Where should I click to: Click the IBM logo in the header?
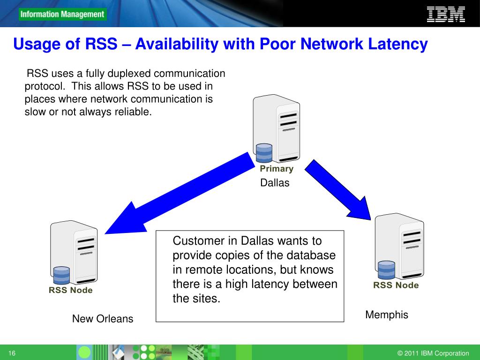click(x=446, y=15)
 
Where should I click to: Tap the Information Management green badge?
click(x=62, y=15)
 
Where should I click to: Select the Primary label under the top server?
click(x=277, y=169)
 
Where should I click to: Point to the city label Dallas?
click(x=275, y=183)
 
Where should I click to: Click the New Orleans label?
click(x=103, y=319)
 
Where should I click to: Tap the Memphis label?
click(x=387, y=315)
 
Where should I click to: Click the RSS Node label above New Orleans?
click(x=70, y=290)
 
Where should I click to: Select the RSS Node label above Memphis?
click(x=396, y=285)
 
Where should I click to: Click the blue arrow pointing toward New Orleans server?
click(x=180, y=194)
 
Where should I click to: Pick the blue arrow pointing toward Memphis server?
click(x=338, y=190)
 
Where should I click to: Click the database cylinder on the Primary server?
click(x=264, y=153)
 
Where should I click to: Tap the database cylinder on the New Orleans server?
click(x=61, y=276)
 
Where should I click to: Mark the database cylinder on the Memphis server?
click(x=386, y=270)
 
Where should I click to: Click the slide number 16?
click(x=12, y=353)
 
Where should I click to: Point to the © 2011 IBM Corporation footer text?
click(x=433, y=353)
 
